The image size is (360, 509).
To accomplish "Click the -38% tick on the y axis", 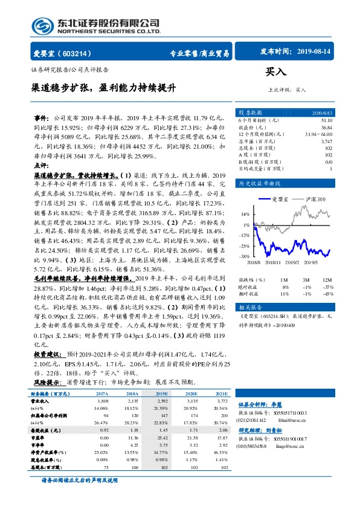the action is [244, 256].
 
